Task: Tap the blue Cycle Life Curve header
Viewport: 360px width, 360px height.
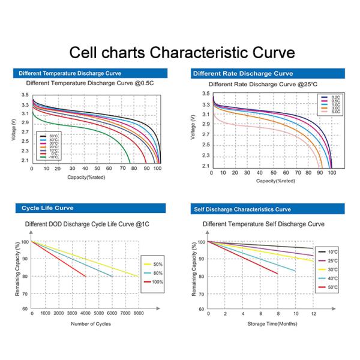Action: pyautogui.click(x=48, y=208)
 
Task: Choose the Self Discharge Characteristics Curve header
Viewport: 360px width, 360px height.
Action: pyautogui.click(x=243, y=209)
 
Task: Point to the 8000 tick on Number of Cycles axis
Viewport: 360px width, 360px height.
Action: pyautogui.click(x=139, y=314)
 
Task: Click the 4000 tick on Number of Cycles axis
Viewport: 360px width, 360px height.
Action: pyautogui.click(x=85, y=314)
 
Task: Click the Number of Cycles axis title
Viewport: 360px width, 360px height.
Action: pyautogui.click(x=91, y=324)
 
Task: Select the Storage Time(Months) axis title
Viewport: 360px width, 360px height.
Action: pyautogui.click(x=272, y=324)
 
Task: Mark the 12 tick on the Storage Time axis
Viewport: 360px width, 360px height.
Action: pyautogui.click(x=313, y=314)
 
